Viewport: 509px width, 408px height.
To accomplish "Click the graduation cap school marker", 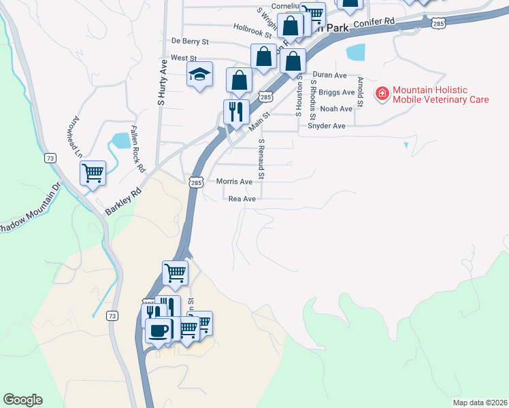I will [x=200, y=75].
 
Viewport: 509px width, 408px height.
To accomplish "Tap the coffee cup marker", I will [x=159, y=331].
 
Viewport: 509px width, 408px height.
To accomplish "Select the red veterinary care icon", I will [x=382, y=93].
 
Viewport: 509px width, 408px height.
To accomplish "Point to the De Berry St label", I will [x=190, y=41].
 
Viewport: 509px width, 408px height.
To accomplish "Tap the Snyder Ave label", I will [x=327, y=126].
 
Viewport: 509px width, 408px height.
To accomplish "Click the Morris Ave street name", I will [x=234, y=182].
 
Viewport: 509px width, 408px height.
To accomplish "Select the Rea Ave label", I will [x=242, y=199].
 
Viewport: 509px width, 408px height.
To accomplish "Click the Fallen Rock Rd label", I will [x=137, y=149].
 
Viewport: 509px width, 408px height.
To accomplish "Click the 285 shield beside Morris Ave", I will [x=196, y=182].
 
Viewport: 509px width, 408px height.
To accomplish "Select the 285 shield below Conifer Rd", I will [x=439, y=24].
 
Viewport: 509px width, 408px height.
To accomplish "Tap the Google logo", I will [x=22, y=400].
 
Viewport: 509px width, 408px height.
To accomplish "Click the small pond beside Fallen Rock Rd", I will [x=121, y=141].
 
